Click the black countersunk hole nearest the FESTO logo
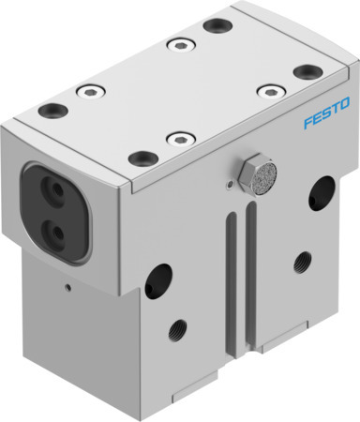(x=305, y=71)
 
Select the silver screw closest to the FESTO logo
(x=269, y=91)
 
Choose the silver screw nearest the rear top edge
(x=176, y=43)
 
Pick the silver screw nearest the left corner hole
(x=91, y=91)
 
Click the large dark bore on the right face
(x=324, y=195)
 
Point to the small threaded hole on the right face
(x=302, y=260)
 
